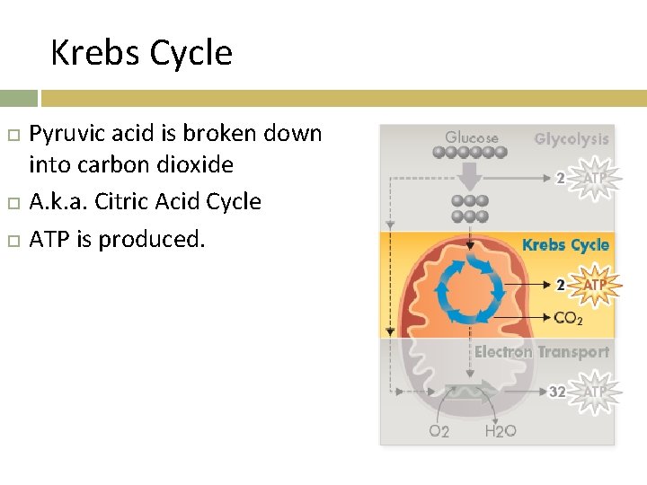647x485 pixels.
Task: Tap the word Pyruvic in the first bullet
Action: [66, 135]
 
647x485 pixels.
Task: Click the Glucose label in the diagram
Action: [471, 137]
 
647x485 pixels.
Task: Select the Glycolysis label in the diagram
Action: [571, 139]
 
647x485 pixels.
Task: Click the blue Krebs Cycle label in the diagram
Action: [565, 244]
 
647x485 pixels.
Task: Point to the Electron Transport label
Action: [541, 352]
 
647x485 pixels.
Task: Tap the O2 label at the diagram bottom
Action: [439, 432]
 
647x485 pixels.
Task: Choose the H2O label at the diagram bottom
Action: [501, 432]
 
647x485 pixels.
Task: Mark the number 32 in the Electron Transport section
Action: [557, 392]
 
